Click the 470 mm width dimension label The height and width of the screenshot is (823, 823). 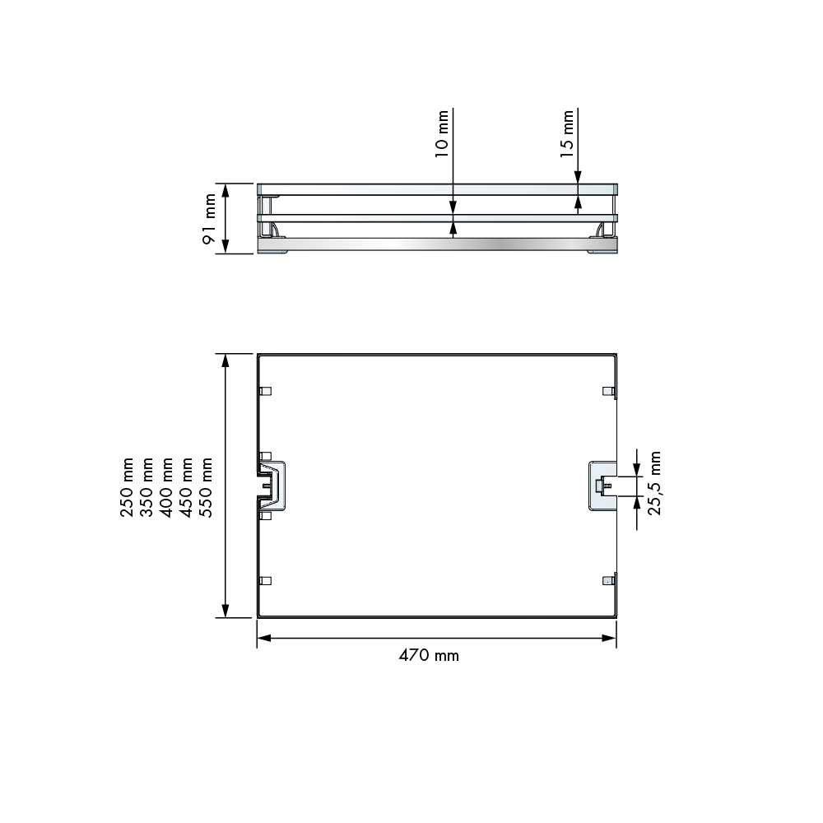[429, 656]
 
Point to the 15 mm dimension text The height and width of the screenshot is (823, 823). [567, 133]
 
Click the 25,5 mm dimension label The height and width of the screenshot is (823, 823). [654, 482]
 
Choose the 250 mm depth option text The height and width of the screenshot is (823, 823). [128, 487]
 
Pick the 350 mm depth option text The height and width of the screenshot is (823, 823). [147, 487]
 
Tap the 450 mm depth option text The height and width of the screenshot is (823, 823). [187, 487]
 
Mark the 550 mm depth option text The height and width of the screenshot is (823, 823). [207, 487]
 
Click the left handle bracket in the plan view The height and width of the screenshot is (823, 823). [273, 486]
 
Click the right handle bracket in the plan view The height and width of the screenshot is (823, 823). [602, 486]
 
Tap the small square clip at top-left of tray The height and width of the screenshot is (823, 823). [265, 391]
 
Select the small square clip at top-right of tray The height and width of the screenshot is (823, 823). [608, 390]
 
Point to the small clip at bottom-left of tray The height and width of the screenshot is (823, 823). [265, 580]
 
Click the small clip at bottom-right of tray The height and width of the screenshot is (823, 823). [608, 580]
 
